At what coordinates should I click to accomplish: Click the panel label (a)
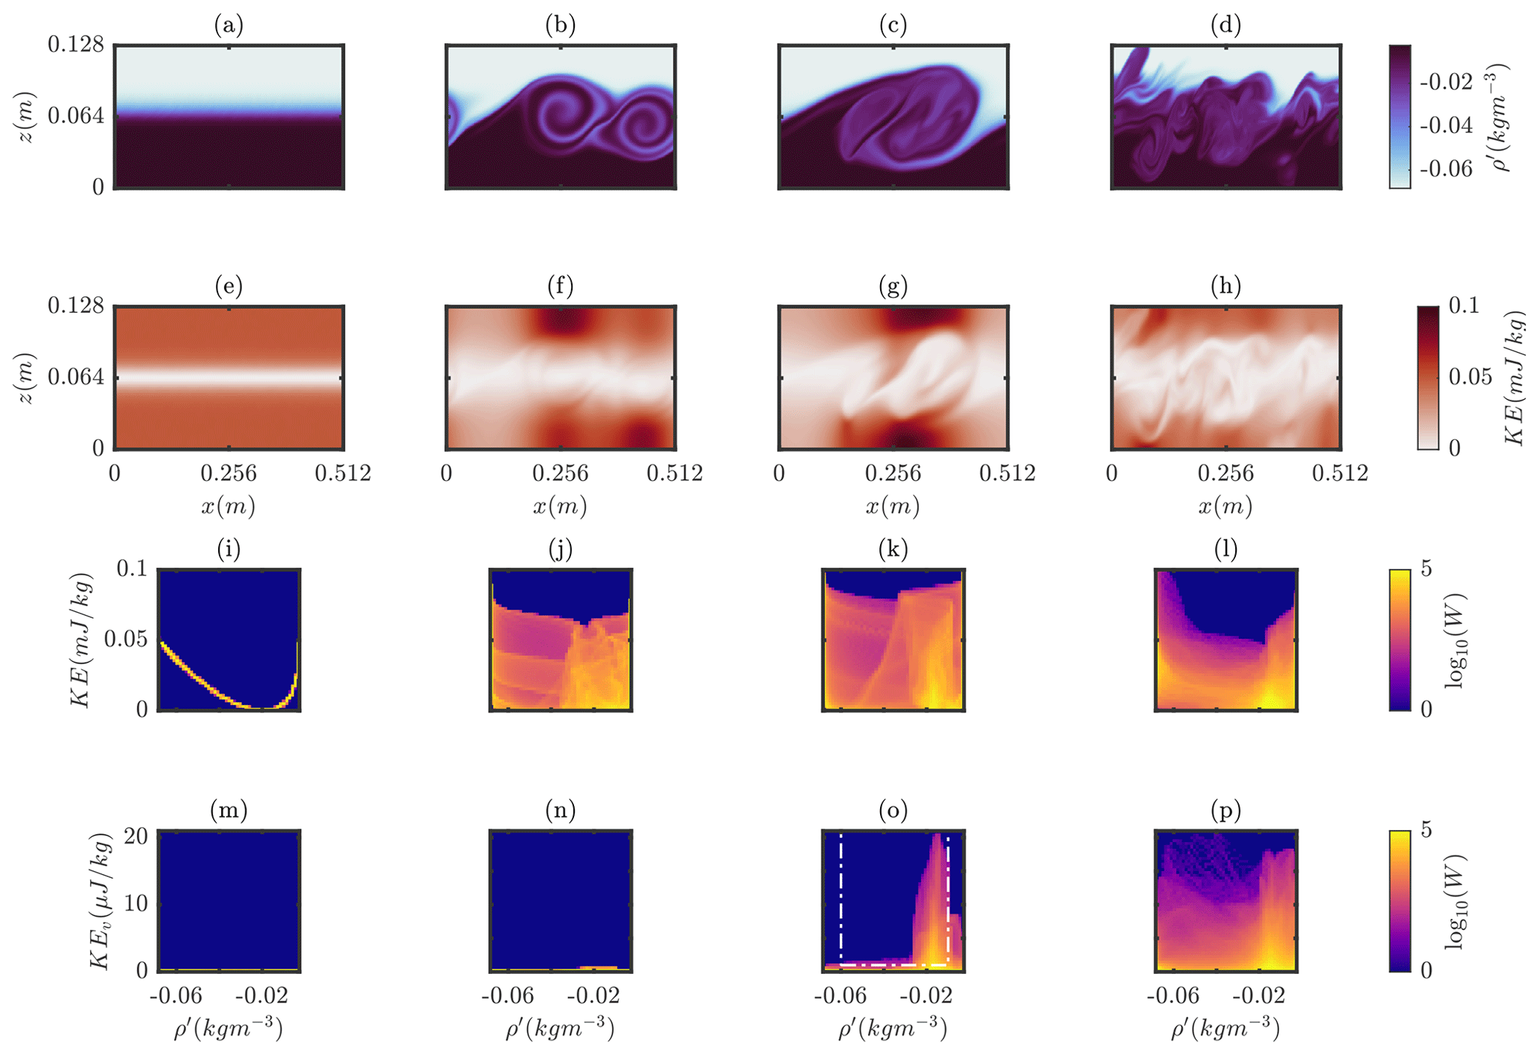[x=229, y=26]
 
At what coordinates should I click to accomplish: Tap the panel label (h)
[x=1226, y=287]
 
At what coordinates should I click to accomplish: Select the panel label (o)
[x=893, y=810]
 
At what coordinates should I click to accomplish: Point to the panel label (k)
[x=893, y=550]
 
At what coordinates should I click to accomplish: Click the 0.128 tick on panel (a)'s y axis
[x=76, y=45]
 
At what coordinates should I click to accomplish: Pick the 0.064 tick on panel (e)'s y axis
[x=76, y=377]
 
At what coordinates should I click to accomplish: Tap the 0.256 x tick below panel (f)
[x=560, y=474]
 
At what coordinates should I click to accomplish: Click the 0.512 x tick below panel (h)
[x=1340, y=474]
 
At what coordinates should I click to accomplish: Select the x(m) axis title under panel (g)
[x=893, y=507]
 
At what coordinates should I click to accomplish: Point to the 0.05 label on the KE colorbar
[x=1471, y=377]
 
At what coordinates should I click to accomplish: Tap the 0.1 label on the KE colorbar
[x=1464, y=306]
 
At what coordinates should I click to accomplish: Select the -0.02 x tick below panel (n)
[x=593, y=996]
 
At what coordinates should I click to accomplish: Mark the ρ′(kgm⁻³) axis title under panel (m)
[x=229, y=1030]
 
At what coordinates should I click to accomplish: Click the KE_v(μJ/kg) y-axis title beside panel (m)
[x=101, y=902]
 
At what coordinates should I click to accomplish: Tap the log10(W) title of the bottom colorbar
[x=1456, y=902]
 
